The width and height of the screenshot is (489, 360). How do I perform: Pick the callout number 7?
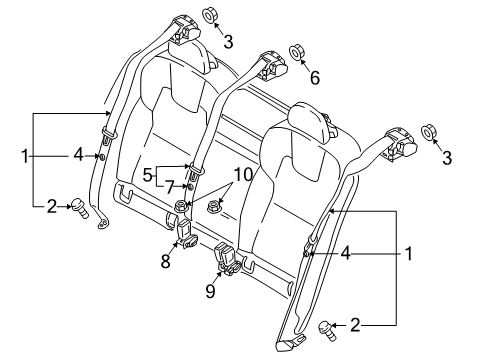tap(171, 186)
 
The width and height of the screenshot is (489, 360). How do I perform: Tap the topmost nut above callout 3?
tap(211, 14)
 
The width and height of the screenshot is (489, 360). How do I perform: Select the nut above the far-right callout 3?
tap(428, 131)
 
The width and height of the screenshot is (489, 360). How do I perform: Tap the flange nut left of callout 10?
tap(181, 207)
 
